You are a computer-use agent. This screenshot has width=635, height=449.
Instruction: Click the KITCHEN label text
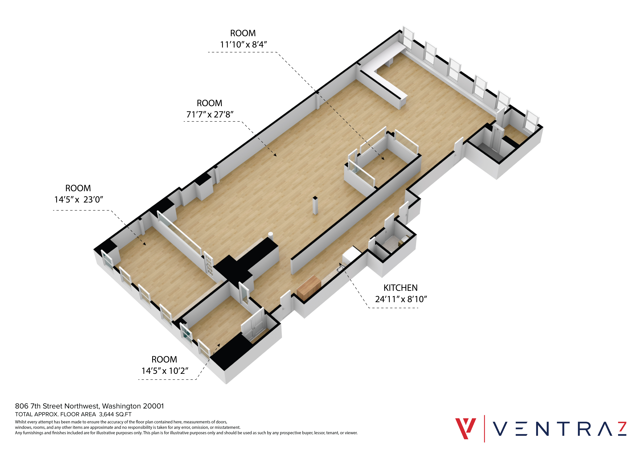[x=400, y=288]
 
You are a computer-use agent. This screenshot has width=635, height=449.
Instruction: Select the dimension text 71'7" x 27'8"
[x=210, y=114]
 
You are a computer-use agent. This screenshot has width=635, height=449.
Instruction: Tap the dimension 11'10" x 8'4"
[x=243, y=44]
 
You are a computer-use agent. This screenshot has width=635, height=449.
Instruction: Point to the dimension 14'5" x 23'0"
[x=79, y=199]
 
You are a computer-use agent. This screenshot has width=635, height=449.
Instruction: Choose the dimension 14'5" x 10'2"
[x=165, y=370]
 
